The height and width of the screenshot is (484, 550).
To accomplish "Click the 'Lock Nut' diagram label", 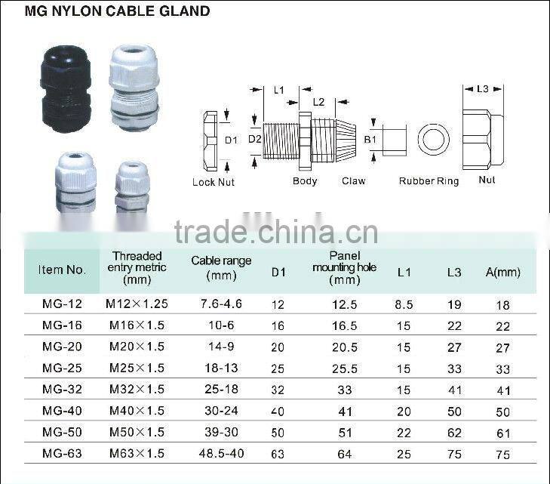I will tap(214, 182).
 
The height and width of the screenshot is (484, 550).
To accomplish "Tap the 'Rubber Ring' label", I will tap(428, 181).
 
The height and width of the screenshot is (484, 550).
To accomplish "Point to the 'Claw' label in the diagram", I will tap(353, 181).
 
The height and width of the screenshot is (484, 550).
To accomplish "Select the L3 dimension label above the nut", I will tap(483, 89).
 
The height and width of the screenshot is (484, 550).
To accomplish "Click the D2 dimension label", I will tap(254, 138).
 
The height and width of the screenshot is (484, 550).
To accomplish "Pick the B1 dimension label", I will tap(370, 139).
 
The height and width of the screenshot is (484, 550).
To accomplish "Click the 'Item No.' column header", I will tap(62, 270).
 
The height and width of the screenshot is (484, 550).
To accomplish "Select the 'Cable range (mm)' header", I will tap(221, 267).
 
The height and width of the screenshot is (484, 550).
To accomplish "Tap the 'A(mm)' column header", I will tap(502, 272).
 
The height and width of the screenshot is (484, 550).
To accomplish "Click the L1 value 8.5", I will tap(404, 305).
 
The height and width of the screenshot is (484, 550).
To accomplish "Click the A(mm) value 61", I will tap(502, 433).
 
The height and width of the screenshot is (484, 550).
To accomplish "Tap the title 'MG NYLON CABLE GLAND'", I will tap(117, 11).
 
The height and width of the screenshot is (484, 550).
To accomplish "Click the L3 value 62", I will tap(454, 433).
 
